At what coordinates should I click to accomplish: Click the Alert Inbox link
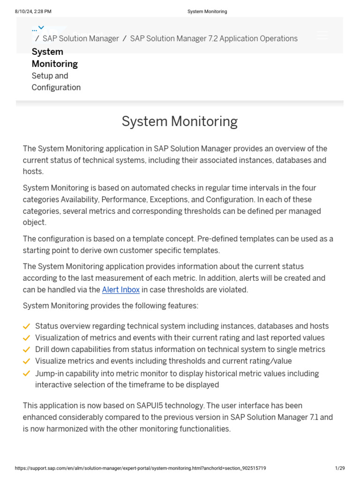pyautogui.click(x=121, y=290)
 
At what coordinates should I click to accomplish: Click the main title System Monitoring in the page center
pyautogui.click(x=180, y=121)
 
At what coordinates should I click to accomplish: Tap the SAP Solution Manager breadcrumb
pyautogui.click(x=81, y=38)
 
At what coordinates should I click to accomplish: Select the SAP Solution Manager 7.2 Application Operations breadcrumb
pyautogui.click(x=214, y=38)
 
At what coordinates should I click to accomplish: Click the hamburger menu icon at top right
pyautogui.click(x=322, y=35)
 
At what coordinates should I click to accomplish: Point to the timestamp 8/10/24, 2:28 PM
pyautogui.click(x=33, y=11)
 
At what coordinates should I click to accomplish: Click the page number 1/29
pyautogui.click(x=340, y=468)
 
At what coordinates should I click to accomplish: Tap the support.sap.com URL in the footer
pyautogui.click(x=141, y=468)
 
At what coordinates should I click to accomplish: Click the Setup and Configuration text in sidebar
pyautogui.click(x=56, y=82)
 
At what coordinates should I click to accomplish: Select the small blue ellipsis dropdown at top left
pyautogui.click(x=38, y=28)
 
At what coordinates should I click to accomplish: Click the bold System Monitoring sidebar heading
pyautogui.click(x=54, y=58)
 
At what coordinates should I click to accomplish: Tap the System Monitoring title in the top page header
pyautogui.click(x=207, y=11)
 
